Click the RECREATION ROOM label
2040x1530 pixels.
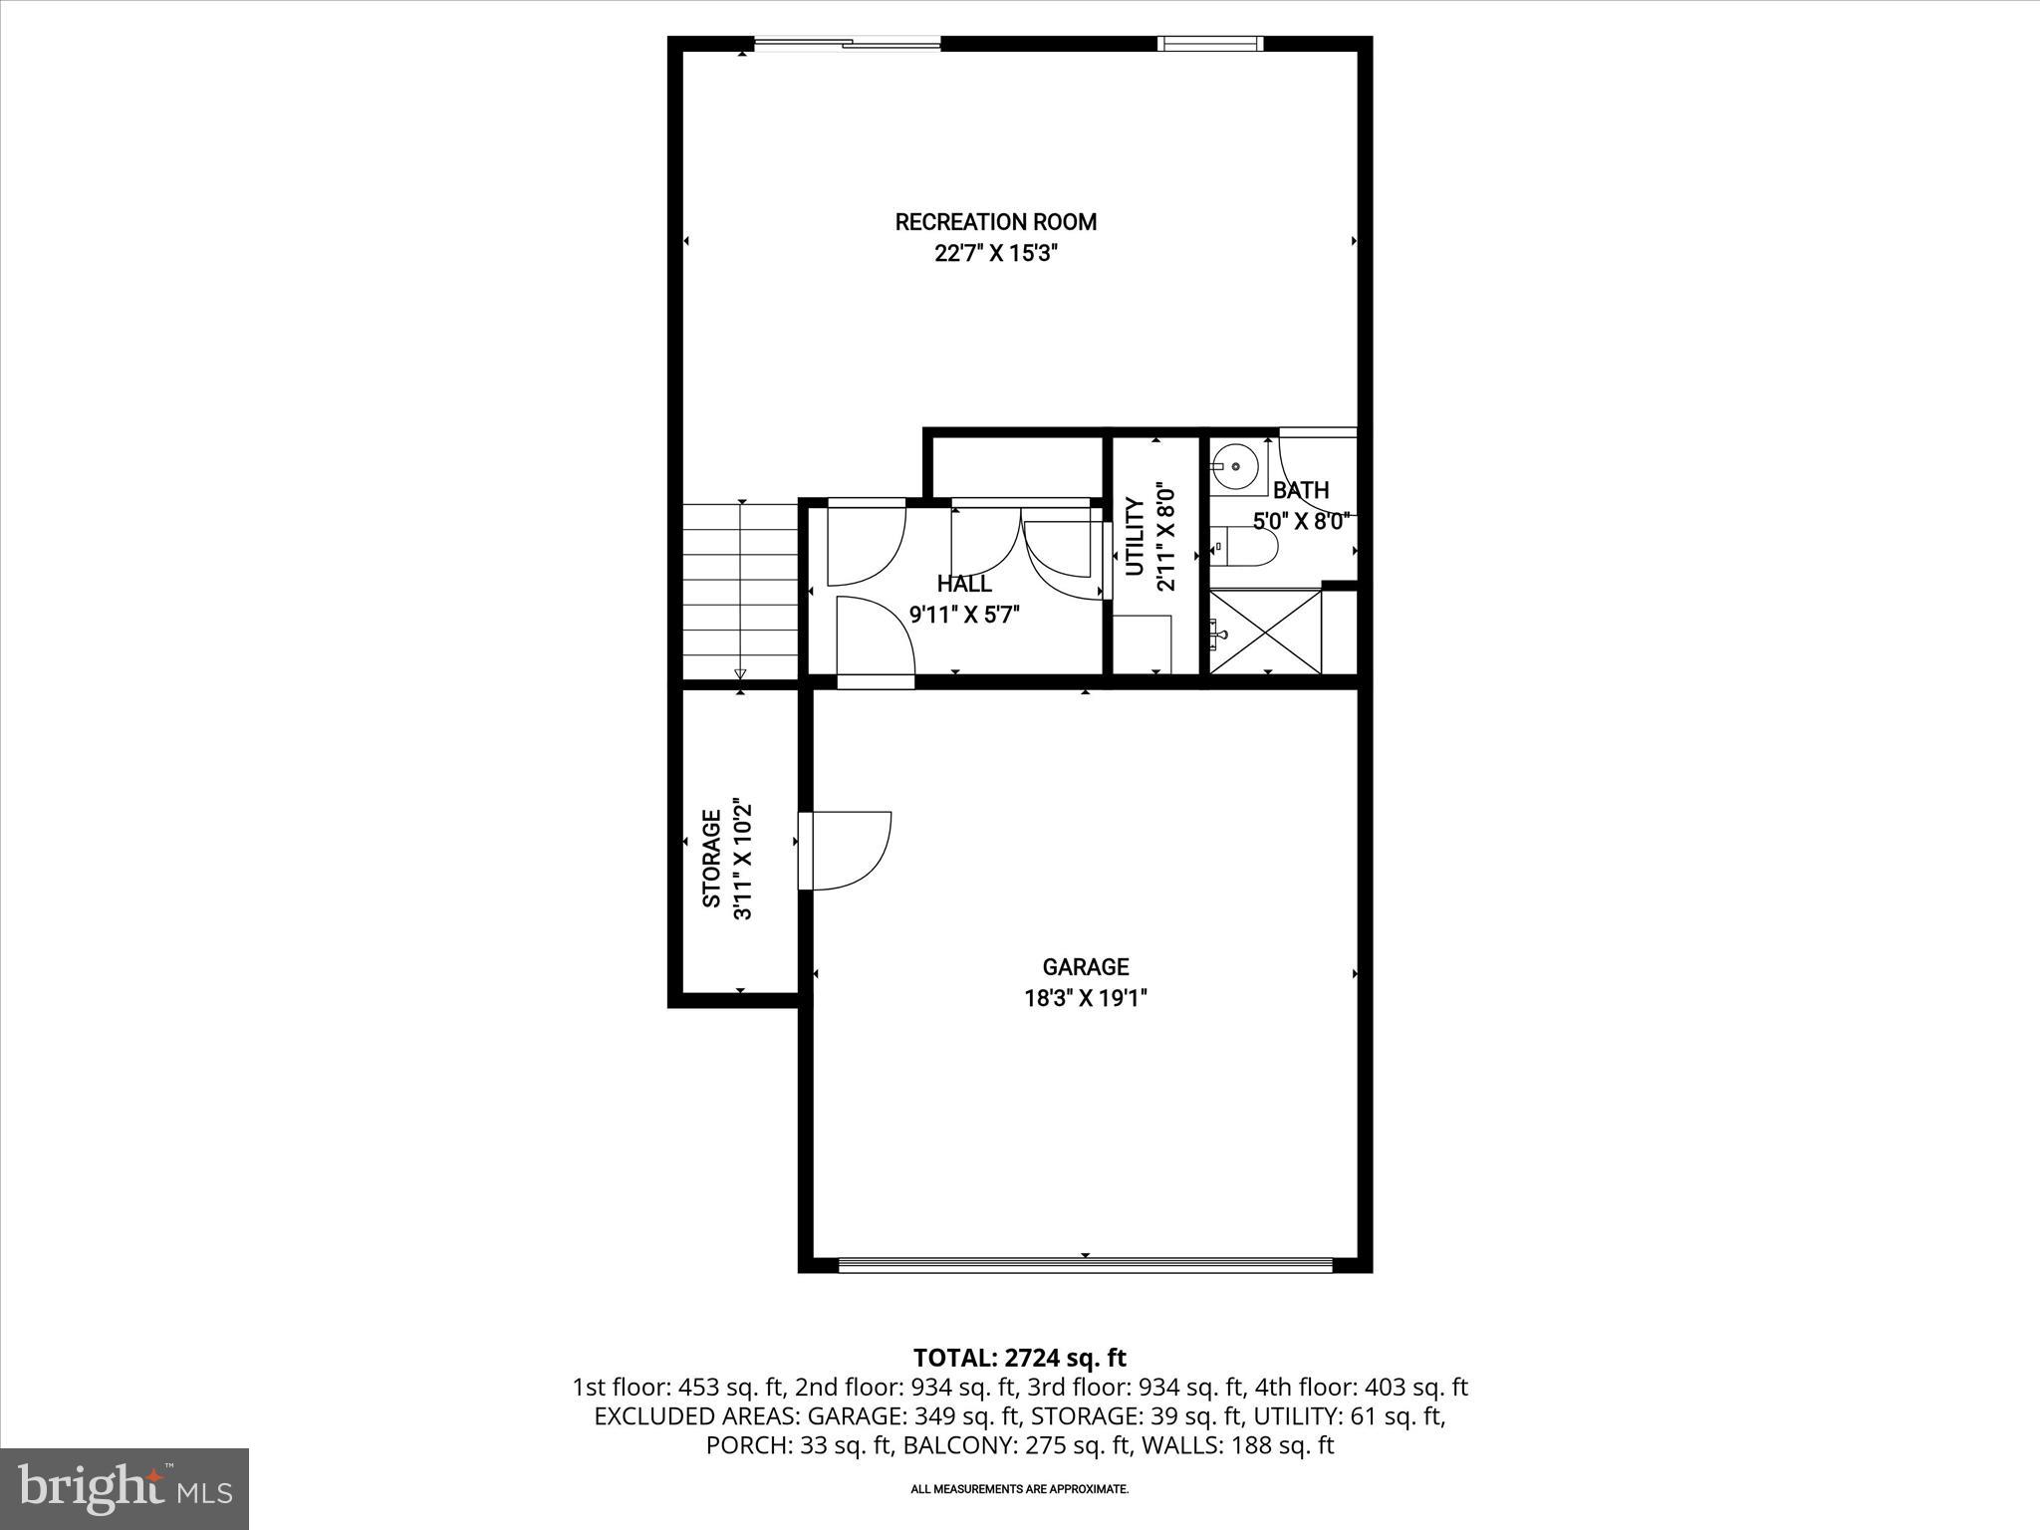[x=995, y=222]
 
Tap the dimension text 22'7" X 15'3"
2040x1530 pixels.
[x=995, y=253]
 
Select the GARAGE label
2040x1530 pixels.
[x=1085, y=966]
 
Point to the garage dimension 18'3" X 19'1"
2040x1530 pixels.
[x=1085, y=998]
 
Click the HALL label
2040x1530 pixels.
[x=963, y=584]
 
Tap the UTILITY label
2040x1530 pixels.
[x=1135, y=538]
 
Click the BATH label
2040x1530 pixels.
[x=1300, y=490]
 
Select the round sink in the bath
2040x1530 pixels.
[x=1235, y=465]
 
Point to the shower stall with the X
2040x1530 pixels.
[x=1265, y=632]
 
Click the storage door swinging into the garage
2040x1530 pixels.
[x=847, y=849]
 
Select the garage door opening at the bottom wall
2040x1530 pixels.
[x=1085, y=1265]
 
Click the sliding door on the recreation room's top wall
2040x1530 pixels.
[x=847, y=44]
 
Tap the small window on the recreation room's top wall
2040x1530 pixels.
[x=1209, y=44]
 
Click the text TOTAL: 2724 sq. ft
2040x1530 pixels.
[x=1019, y=1358]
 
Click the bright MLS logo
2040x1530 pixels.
[x=125, y=1488]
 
